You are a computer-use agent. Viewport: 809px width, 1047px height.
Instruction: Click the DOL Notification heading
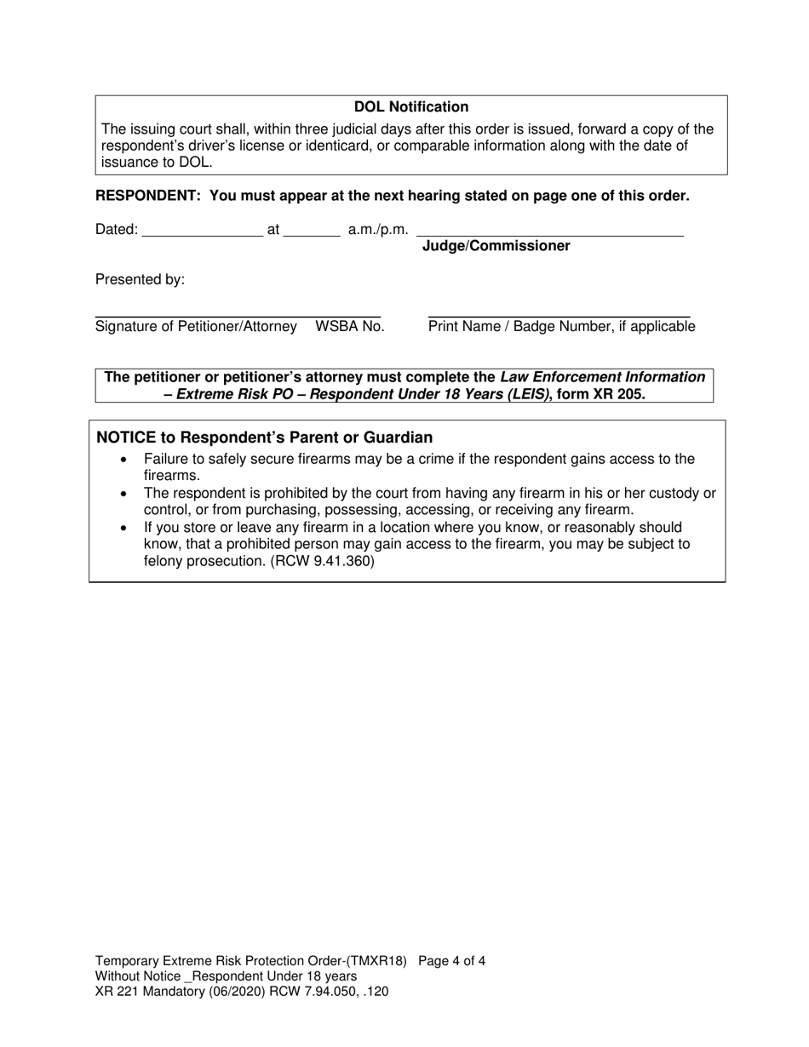point(410,107)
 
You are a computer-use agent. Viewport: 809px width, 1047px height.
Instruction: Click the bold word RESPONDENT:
point(148,196)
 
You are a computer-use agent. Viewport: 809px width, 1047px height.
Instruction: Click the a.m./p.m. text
point(378,230)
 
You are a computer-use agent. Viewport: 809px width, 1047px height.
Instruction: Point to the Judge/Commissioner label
point(496,246)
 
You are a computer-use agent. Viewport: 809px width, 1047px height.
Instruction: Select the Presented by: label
point(140,280)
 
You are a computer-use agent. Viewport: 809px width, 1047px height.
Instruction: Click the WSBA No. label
point(350,326)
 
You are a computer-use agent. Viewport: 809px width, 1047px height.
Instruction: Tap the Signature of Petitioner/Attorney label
point(196,326)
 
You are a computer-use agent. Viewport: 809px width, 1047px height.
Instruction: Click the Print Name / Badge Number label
point(561,326)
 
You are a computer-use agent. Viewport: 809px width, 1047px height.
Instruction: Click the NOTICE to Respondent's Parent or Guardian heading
point(264,438)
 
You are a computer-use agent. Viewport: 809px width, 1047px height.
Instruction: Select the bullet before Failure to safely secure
point(126,460)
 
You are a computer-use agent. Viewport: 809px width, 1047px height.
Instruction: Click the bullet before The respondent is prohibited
point(126,494)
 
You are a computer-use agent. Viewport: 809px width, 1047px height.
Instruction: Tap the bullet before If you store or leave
point(126,528)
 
